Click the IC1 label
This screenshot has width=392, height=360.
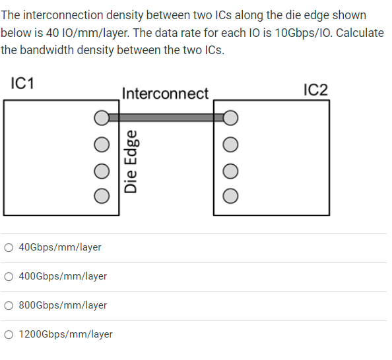coord(23,84)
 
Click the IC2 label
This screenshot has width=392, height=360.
coord(315,90)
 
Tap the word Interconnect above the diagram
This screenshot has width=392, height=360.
coord(165,94)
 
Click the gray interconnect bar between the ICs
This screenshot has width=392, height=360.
coord(165,117)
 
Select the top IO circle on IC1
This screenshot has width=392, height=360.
coord(101,118)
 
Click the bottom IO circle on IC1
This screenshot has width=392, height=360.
coord(101,195)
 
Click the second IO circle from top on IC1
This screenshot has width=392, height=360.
coord(101,144)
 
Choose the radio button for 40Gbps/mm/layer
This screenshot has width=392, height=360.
coord(9,247)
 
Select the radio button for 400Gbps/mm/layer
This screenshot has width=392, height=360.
coord(9,276)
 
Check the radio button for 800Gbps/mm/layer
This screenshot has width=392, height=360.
coord(9,305)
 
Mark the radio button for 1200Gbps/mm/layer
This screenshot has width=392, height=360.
coord(9,334)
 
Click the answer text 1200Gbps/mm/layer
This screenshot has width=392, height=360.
coord(65,334)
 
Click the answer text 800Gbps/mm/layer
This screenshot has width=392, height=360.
coord(63,305)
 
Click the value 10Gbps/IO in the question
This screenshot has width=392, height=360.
coord(297,33)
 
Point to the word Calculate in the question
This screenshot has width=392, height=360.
coord(360,33)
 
